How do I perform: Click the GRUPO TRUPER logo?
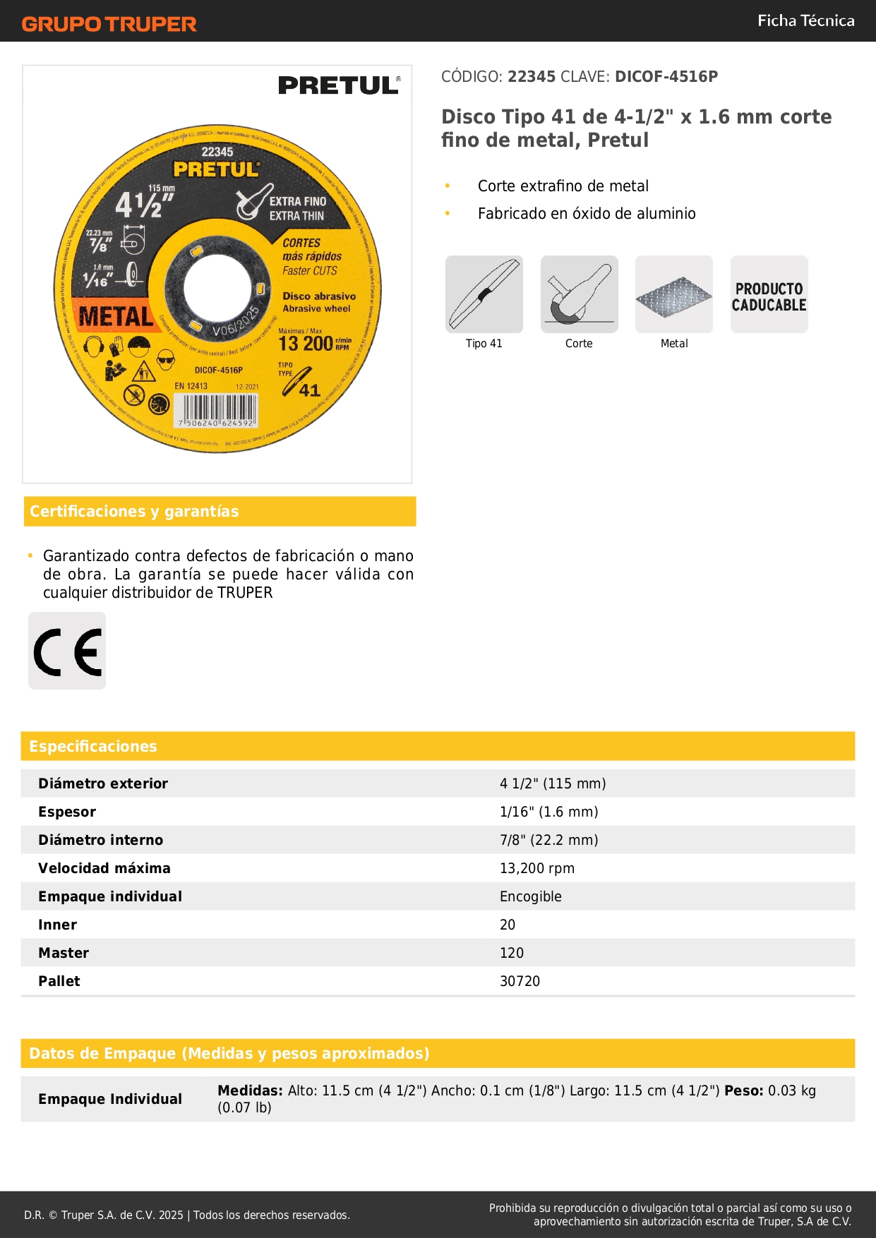click(x=109, y=24)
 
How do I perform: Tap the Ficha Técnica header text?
click(x=805, y=20)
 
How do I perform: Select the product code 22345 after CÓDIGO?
click(x=532, y=76)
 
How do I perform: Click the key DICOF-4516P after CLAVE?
click(x=666, y=76)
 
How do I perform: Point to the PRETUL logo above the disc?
click(x=339, y=85)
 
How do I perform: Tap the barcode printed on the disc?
click(x=216, y=410)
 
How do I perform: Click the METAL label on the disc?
click(x=116, y=317)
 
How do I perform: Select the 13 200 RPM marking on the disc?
click(x=314, y=342)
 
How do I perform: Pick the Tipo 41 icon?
click(x=484, y=294)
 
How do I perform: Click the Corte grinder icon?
click(x=579, y=294)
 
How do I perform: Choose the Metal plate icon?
click(x=674, y=294)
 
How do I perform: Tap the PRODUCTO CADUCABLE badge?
click(x=769, y=296)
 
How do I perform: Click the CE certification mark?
click(x=67, y=651)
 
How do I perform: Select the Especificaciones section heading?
click(x=93, y=746)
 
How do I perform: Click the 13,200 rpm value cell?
click(x=537, y=868)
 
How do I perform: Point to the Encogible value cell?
click(x=531, y=896)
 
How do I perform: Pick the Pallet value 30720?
click(x=520, y=981)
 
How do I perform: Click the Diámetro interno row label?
click(x=101, y=840)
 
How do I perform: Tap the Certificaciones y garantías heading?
click(x=134, y=511)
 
